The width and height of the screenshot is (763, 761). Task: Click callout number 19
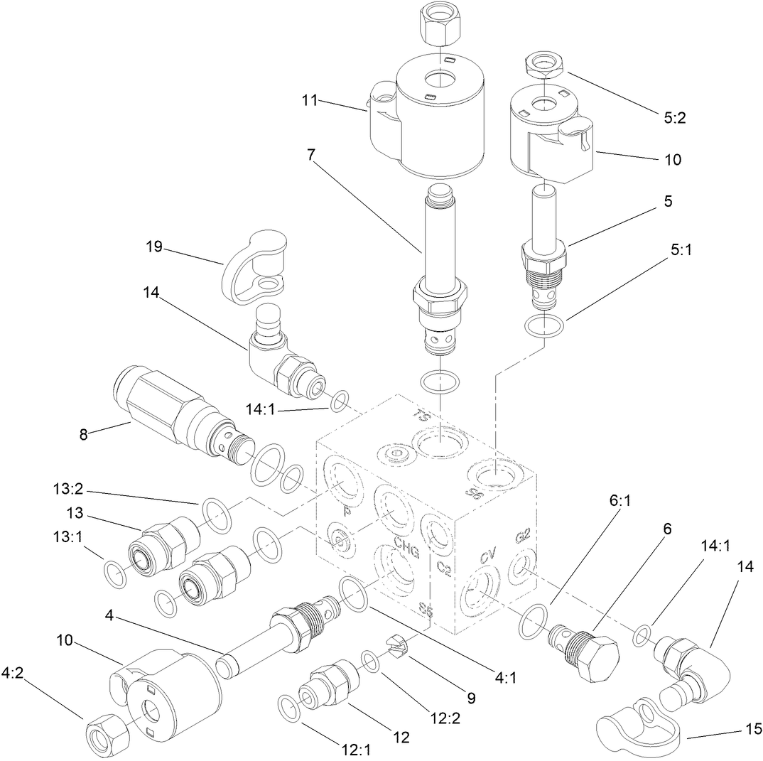[154, 247]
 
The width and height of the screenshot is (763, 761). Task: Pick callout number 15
[752, 729]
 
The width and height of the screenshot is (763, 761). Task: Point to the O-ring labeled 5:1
[545, 327]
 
